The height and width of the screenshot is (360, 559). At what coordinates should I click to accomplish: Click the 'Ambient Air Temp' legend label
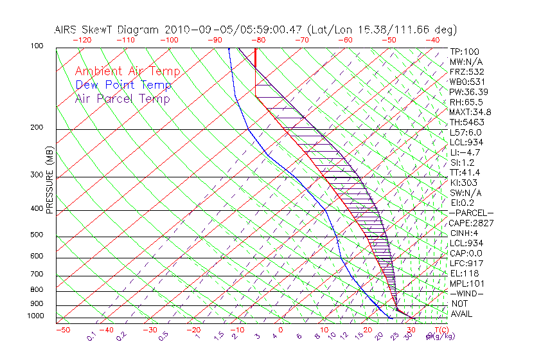pos(127,71)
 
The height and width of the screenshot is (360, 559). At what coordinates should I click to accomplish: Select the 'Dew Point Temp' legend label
pos(123,85)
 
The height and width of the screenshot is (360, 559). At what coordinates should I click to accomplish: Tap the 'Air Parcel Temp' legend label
pos(122,98)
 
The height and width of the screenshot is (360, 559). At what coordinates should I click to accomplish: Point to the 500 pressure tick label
pos(37,235)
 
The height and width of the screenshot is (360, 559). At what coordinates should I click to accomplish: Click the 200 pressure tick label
pos(37,128)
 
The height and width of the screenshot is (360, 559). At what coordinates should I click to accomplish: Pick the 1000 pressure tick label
pos(36,316)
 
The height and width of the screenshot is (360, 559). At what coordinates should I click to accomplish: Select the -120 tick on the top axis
pos(82,40)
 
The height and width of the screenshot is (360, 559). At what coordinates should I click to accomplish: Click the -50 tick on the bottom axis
pos(63,330)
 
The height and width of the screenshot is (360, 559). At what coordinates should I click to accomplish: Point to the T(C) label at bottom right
pos(440,330)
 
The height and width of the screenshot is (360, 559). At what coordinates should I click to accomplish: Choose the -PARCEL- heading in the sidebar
pos(471,213)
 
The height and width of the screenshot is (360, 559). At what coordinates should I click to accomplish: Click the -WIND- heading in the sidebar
pos(467,293)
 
